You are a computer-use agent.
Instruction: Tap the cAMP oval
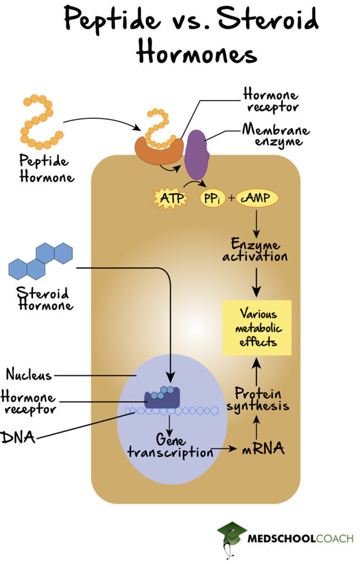[258, 198]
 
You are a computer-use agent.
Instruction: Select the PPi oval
[212, 198]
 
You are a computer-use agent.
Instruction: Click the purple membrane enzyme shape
[197, 155]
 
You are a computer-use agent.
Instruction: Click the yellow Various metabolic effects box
[257, 328]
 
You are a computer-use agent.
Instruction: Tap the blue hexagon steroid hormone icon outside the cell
[41, 260]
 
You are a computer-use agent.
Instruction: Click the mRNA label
[263, 449]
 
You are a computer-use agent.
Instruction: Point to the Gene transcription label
[170, 446]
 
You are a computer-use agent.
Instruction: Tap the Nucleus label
[29, 375]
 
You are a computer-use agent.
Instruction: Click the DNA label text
[18, 438]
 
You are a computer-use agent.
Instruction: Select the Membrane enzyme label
[276, 136]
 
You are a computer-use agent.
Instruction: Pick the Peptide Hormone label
[44, 169]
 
